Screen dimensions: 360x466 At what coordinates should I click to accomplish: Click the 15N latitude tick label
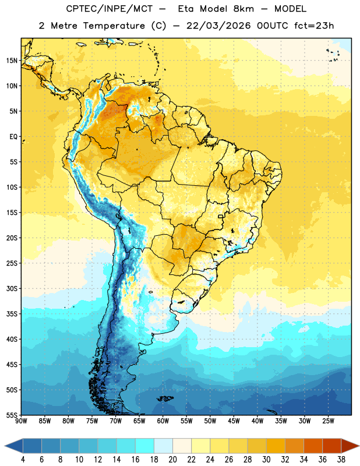(x=12, y=61)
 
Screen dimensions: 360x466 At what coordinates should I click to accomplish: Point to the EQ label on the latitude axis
(x=13, y=137)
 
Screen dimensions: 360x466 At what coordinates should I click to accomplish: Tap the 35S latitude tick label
(x=12, y=314)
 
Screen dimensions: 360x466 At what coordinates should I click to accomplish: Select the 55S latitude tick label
(x=12, y=415)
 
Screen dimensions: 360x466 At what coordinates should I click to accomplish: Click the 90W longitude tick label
(x=21, y=421)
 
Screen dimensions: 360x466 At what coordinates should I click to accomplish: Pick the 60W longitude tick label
(x=163, y=421)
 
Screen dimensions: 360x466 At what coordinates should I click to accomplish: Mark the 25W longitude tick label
(x=328, y=421)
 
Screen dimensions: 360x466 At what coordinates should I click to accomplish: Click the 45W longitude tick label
(x=234, y=421)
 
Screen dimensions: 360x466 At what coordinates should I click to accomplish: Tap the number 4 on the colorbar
(x=23, y=460)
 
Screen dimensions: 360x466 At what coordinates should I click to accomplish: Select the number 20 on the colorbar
(x=172, y=460)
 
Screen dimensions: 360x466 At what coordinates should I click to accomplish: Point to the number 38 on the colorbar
(x=341, y=460)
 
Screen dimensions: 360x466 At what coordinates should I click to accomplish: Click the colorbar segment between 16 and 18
(x=145, y=446)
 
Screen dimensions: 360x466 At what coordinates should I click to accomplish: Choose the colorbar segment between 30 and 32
(x=276, y=446)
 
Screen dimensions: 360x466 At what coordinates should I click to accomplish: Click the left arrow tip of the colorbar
(x=5, y=446)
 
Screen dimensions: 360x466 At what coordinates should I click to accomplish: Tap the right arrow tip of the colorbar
(x=359, y=446)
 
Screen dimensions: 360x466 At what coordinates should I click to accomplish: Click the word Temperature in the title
(x=114, y=26)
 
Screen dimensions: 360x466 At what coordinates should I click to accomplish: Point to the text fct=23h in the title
(x=314, y=26)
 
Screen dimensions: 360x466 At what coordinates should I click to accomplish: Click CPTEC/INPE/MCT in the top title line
(x=109, y=9)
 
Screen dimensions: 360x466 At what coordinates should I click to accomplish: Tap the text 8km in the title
(x=243, y=9)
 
